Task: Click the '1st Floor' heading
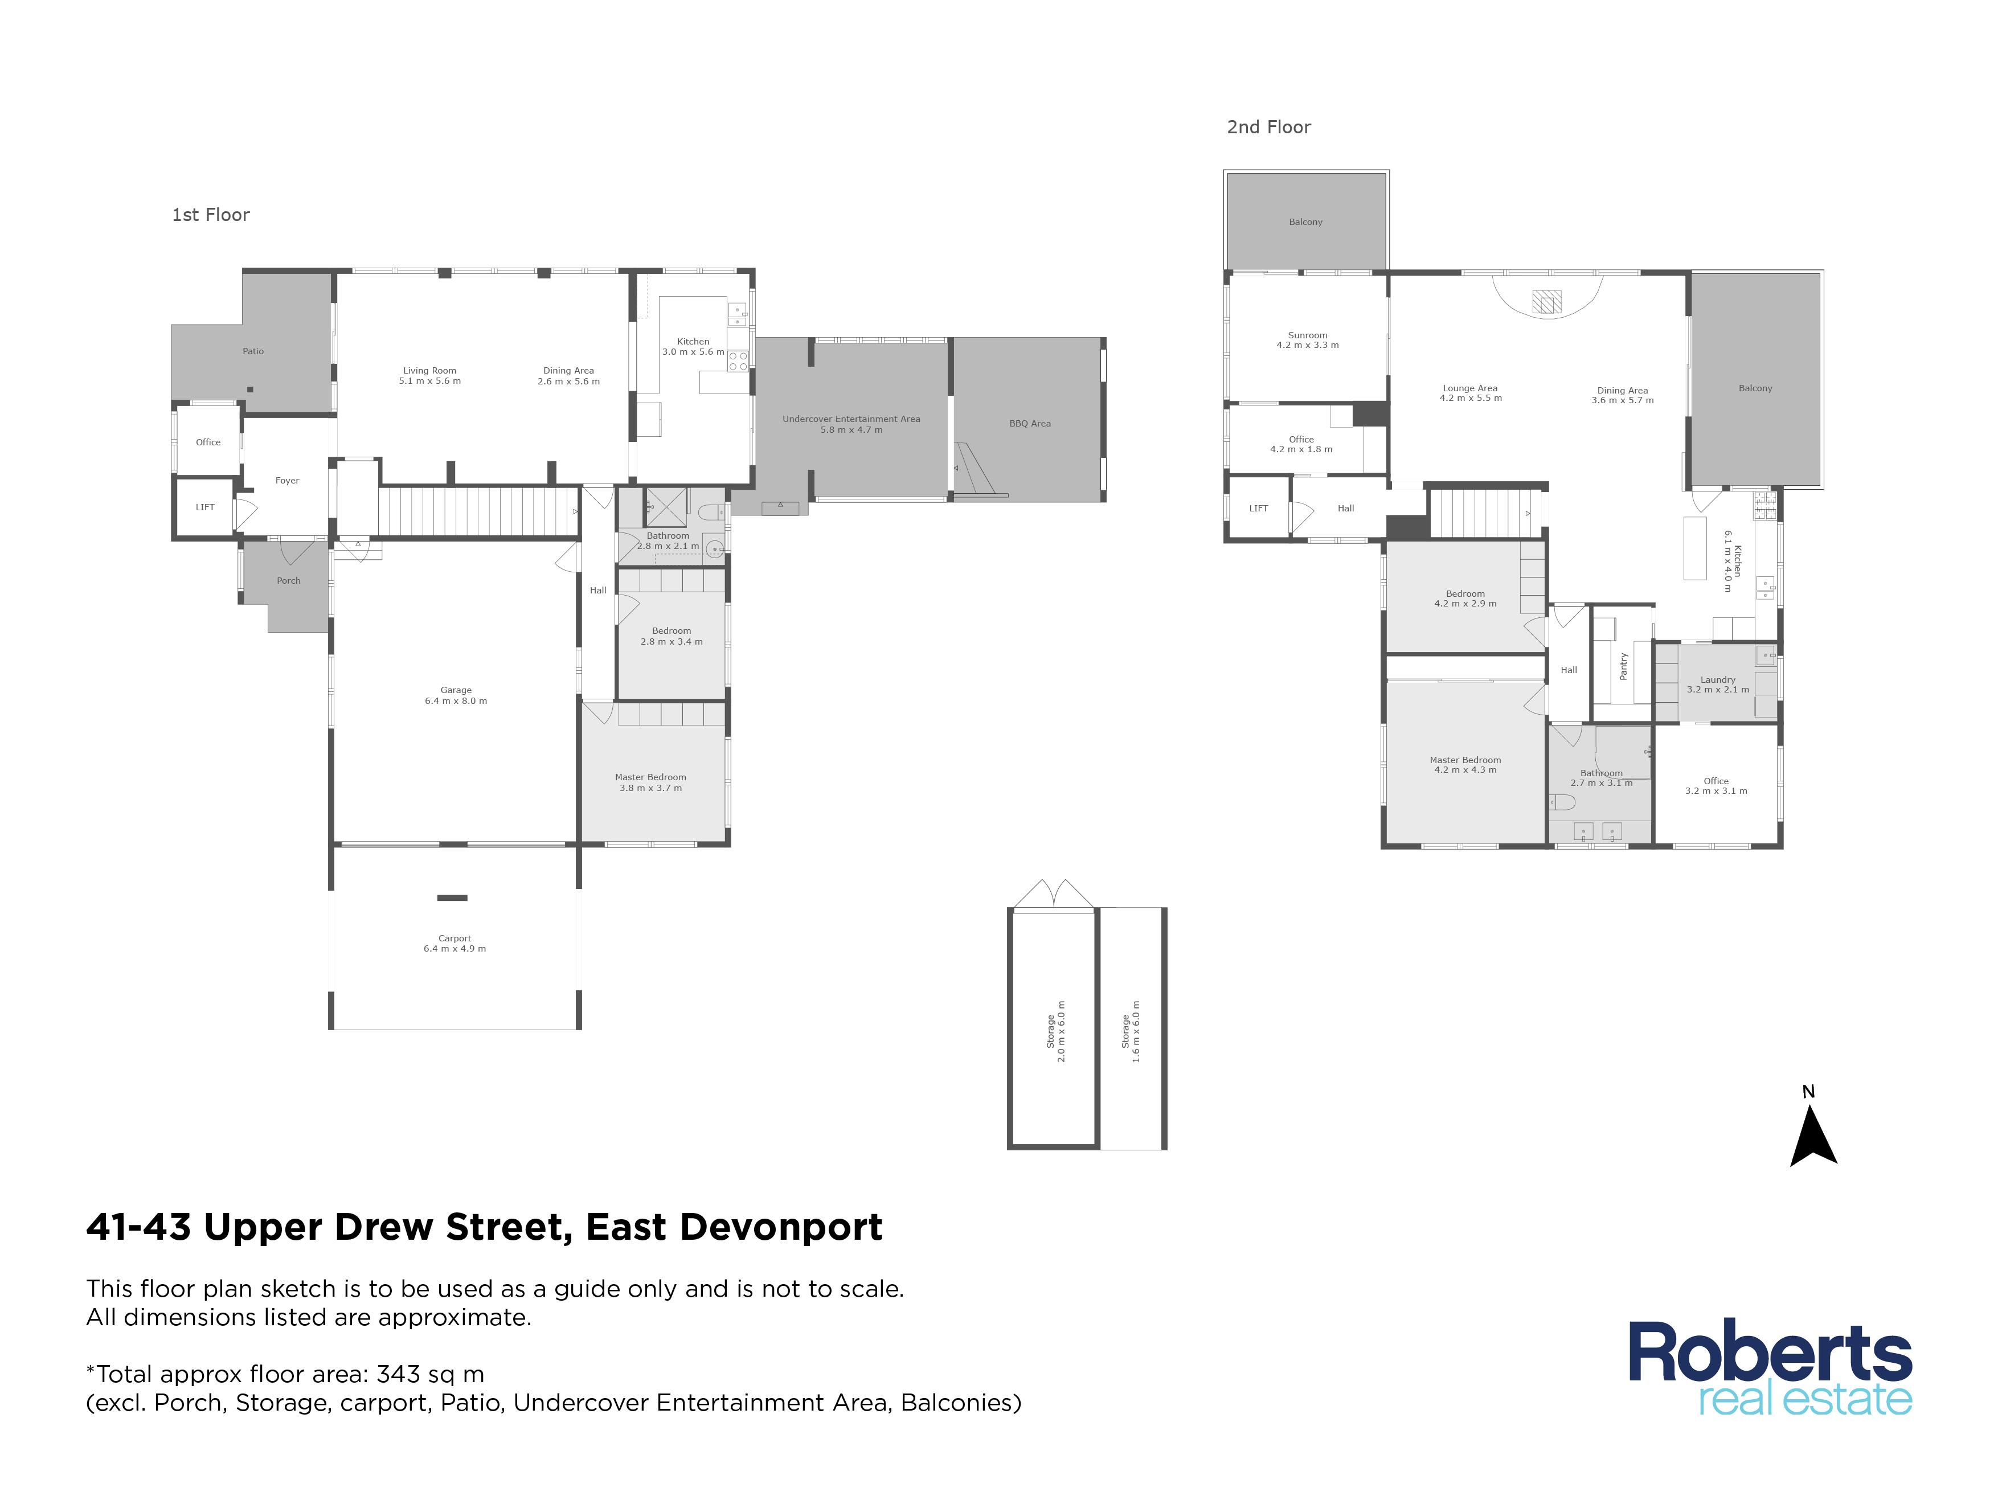tap(211, 215)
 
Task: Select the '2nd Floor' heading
tap(1268, 128)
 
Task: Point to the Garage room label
tap(456, 695)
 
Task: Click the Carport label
tap(455, 944)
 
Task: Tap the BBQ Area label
tap(1030, 424)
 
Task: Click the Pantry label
tap(1623, 666)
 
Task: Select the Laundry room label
tap(1718, 685)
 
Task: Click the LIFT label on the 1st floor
tap(205, 507)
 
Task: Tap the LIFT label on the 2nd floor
tap(1258, 509)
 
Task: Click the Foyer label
tap(287, 481)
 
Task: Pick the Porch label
tap(288, 581)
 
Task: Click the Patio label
tap(253, 351)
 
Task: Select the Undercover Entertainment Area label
tap(851, 424)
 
